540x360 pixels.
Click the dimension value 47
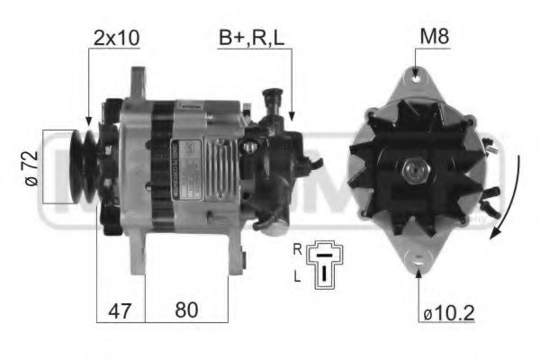pyautogui.click(x=119, y=310)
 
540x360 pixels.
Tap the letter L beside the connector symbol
pyautogui.click(x=298, y=279)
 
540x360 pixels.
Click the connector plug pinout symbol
pyautogui.click(x=325, y=265)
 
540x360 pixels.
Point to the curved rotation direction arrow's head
pyautogui.click(x=494, y=236)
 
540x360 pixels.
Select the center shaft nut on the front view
pyautogui.click(x=417, y=169)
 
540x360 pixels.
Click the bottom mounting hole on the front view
pyautogui.click(x=418, y=262)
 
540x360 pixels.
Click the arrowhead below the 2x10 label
pyautogui.click(x=88, y=119)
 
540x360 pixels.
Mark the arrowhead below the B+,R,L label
pyautogui.click(x=292, y=118)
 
